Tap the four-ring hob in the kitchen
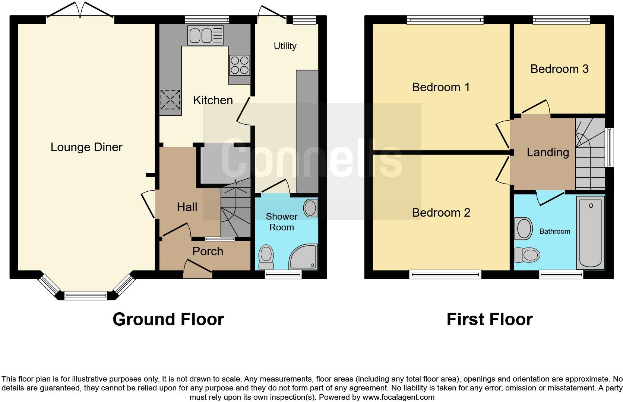pos(240,65)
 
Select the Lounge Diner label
pos(86,147)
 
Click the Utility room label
pos(285,46)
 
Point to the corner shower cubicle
pos(304,257)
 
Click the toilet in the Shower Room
pos(266,257)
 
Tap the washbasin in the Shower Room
pos(310,208)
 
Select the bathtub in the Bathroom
pos(591,233)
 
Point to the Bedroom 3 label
pos(559,69)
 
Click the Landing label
pos(548,152)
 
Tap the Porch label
pos(208,252)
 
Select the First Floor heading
pos(489,319)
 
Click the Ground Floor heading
pos(168,319)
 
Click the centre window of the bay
pos(86,296)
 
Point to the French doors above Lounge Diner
pos(80,10)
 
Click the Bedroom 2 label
pos(441,213)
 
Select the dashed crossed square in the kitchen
pos(170,100)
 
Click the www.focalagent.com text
pos(398,397)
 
